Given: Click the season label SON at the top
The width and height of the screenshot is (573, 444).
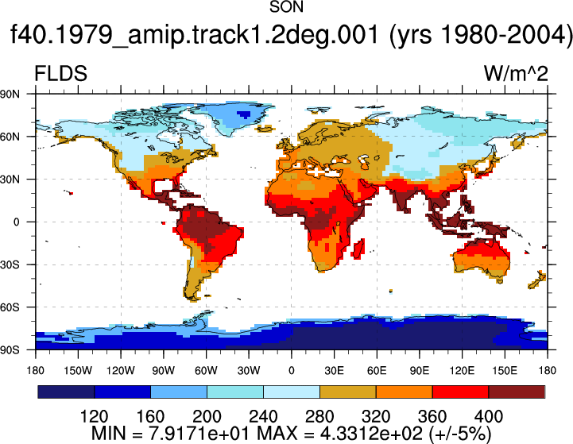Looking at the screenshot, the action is pos(286,7).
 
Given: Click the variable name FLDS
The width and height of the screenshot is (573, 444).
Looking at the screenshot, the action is pos(60,73).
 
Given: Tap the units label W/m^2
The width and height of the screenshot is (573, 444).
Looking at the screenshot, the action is pos(516,73).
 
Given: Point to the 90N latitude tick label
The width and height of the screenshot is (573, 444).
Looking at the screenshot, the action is pos(10,95).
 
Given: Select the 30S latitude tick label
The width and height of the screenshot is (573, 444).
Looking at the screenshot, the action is pos(10,264).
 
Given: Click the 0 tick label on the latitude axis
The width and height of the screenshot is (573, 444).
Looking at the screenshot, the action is pos(17,222).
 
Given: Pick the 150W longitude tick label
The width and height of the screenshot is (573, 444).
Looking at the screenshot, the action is pos(78,371).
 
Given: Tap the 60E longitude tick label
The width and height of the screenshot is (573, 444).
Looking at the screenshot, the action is pos(377,371).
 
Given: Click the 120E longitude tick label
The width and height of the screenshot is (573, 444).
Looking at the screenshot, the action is pos(462,371).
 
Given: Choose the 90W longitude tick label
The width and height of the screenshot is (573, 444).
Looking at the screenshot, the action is pos(164,371).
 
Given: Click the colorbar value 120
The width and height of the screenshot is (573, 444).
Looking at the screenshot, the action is pos(94,417).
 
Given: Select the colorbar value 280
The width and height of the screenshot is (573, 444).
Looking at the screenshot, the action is pos(319,417).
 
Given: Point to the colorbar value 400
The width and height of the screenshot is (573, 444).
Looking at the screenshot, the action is pos(489,417).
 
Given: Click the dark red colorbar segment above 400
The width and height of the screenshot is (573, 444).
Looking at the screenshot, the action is pos(517,392).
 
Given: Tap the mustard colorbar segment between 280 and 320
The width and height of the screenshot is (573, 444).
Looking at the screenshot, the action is pos(348,392).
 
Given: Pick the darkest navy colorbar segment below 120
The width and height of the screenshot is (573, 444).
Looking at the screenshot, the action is pos(66,392).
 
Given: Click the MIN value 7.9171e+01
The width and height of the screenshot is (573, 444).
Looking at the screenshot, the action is pos(199,434).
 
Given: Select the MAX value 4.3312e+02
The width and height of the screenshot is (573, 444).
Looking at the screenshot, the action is pos(371,434).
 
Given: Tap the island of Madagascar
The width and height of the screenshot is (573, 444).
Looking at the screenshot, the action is pos(358,249).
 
